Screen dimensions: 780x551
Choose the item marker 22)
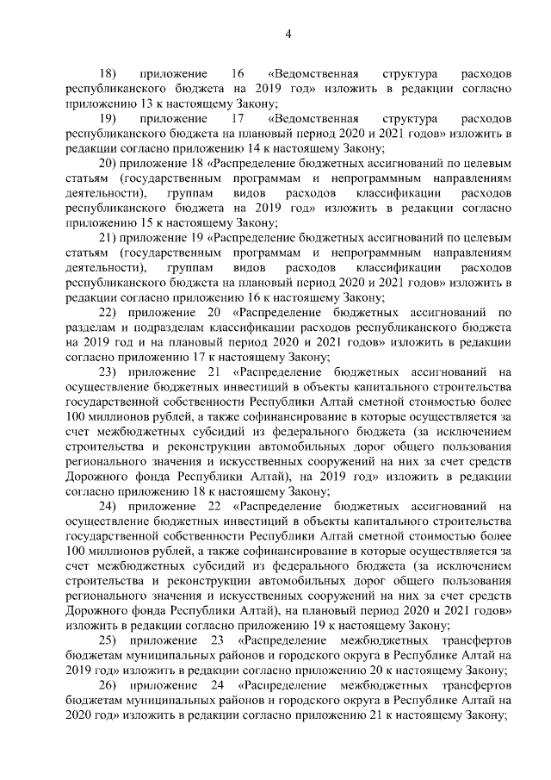coord(109,312)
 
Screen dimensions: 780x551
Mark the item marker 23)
coord(109,371)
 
